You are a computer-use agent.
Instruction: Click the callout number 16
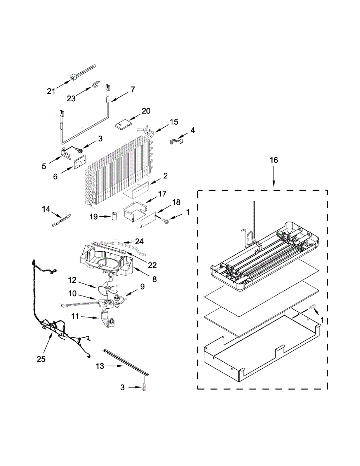tap(274, 160)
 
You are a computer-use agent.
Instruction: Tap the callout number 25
tap(41, 359)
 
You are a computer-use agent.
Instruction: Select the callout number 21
tap(51, 91)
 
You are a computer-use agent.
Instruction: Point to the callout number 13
tap(100, 366)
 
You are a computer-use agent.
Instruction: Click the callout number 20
tap(146, 111)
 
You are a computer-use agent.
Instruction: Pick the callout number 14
tap(46, 209)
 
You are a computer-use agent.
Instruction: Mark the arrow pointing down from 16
tap(274, 177)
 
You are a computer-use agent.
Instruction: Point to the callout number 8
tap(155, 279)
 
